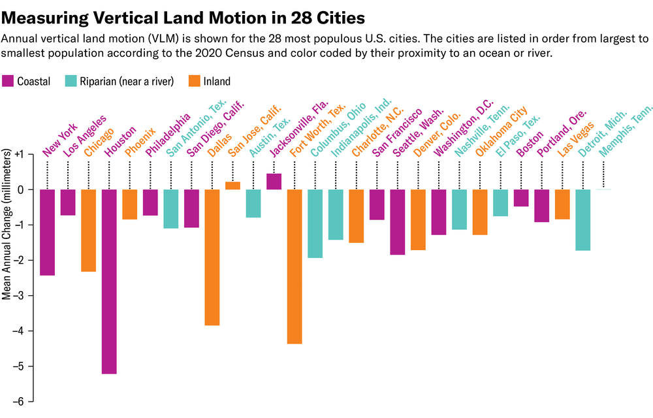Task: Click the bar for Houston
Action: pos(109,281)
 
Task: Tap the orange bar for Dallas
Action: pos(212,257)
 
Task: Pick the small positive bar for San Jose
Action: pos(232,185)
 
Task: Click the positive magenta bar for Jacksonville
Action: pos(274,182)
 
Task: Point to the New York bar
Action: pos(47,233)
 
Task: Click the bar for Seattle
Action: pos(397,222)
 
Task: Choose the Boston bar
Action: pos(520,198)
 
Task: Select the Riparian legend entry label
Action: pos(127,82)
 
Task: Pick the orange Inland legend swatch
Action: pos(194,82)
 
